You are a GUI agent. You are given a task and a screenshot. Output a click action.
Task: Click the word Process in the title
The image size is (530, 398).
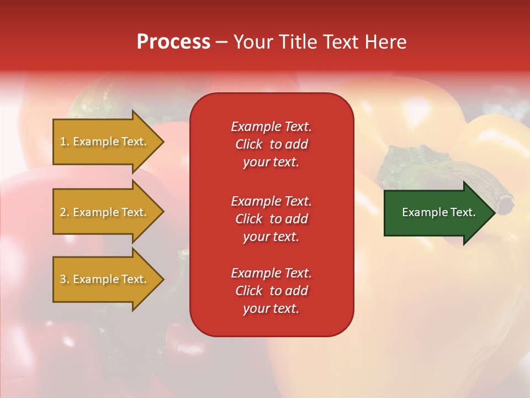173,42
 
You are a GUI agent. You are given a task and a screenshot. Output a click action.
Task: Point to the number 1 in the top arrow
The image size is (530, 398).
63,142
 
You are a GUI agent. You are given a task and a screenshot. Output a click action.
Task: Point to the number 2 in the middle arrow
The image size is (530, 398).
63,212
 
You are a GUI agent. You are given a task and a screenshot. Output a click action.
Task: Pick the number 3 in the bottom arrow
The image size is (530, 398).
63,279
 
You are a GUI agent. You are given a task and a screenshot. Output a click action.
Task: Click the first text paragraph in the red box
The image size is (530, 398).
271,144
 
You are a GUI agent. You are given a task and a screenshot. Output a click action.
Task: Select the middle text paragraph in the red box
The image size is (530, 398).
271,219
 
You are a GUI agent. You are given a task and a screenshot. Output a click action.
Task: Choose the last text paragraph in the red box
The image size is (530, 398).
271,291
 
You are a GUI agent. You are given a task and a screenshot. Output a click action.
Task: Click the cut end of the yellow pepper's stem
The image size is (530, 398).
505,204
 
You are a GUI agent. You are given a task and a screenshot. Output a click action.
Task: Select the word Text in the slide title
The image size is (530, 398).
340,42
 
